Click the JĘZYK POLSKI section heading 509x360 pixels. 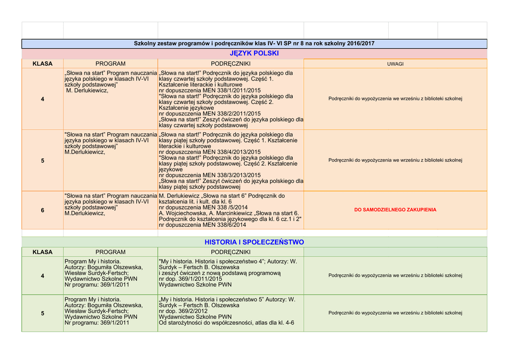point(254,53)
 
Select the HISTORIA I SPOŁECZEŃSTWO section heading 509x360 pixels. point(254,242)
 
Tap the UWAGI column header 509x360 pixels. point(395,64)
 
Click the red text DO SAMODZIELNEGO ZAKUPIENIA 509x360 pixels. point(395,210)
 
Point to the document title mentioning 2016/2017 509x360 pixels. point(254,44)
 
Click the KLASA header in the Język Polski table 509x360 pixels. point(42,64)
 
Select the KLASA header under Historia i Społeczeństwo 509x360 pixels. point(42,252)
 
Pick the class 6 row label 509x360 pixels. point(42,210)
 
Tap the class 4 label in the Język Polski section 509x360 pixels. point(42,99)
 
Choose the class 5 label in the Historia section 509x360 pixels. point(42,313)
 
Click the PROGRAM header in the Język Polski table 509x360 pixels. point(110,64)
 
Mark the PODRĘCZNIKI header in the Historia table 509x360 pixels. point(231,252)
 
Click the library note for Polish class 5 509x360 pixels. point(395,160)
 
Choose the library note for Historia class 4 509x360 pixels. point(395,275)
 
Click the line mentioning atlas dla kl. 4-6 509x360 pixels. point(226,323)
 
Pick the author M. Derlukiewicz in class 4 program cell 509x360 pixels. point(87,90)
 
